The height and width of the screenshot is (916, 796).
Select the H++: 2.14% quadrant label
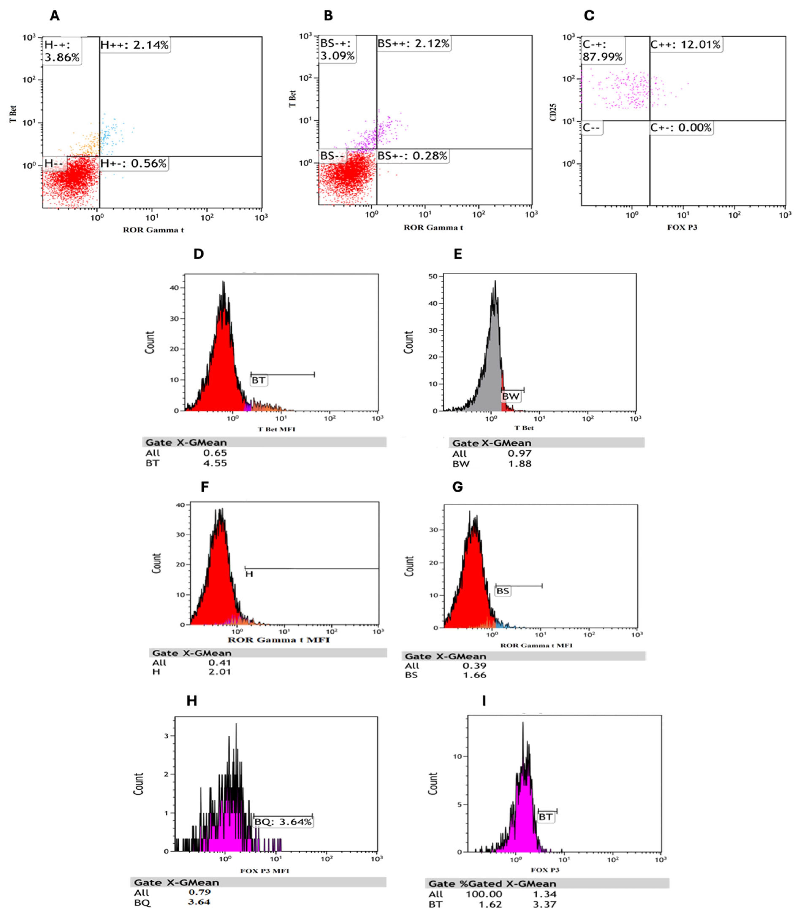click(134, 45)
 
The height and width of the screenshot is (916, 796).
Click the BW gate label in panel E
click(510, 396)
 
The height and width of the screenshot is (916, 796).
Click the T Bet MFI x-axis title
click(276, 429)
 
